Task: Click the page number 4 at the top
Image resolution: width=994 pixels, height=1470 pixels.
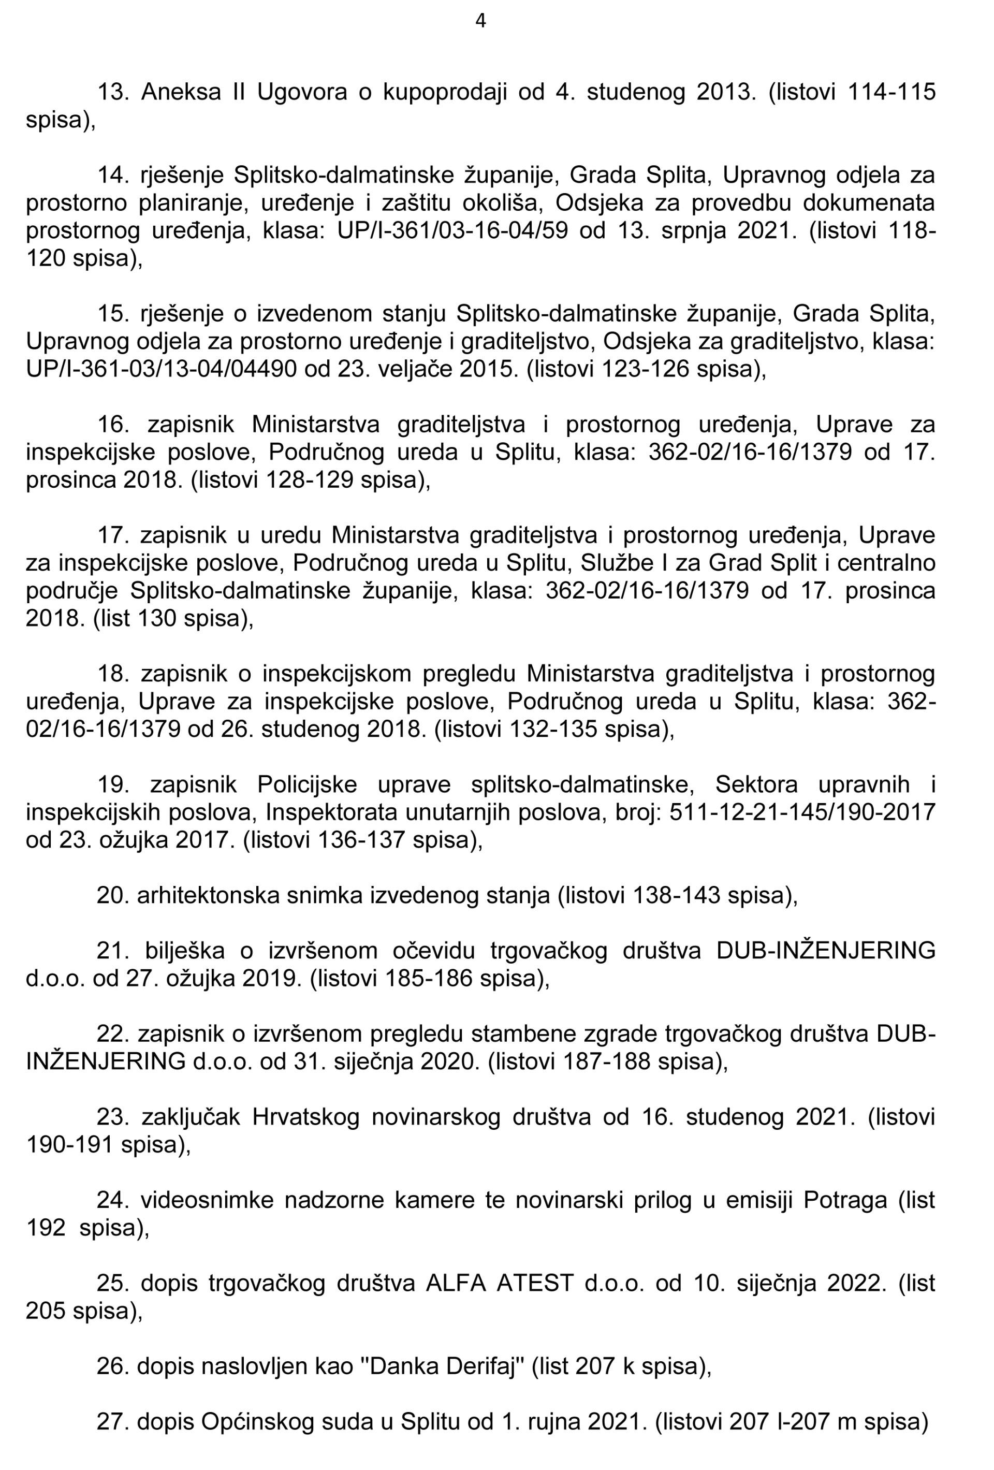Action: click(x=480, y=22)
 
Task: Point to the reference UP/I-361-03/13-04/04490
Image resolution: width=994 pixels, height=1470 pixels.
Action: click(x=160, y=369)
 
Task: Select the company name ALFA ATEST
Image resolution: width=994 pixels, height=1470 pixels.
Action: click(x=500, y=1285)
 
